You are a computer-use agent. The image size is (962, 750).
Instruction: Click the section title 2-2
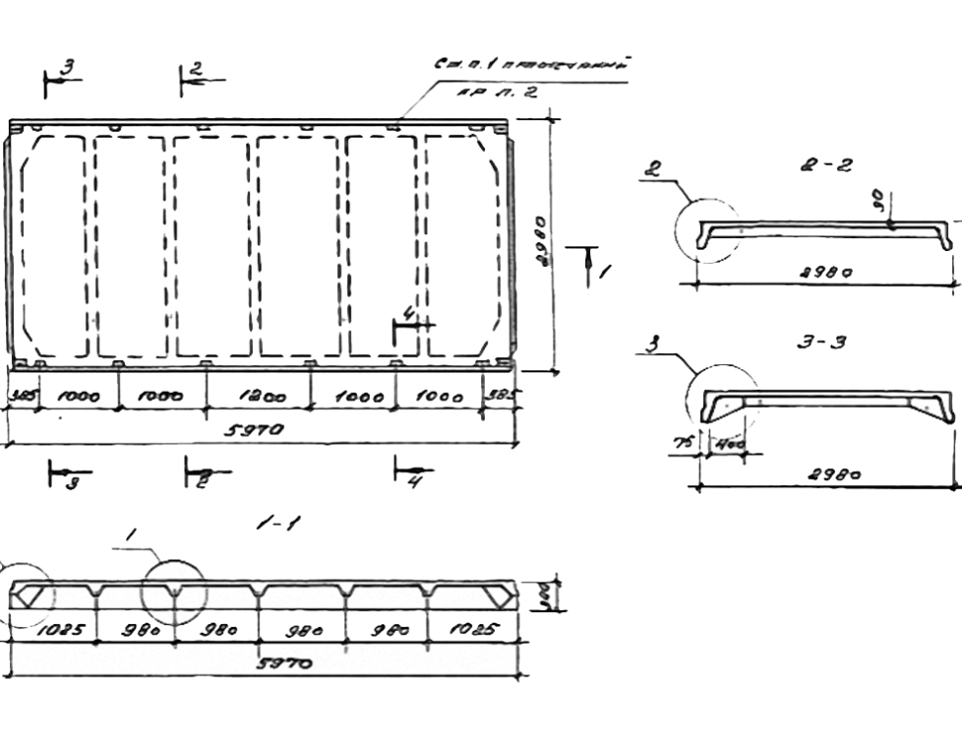click(x=826, y=166)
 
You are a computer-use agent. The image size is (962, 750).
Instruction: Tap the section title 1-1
click(x=278, y=524)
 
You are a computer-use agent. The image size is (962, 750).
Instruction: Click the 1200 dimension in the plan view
click(x=262, y=398)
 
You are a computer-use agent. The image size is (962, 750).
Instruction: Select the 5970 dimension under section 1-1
click(x=284, y=663)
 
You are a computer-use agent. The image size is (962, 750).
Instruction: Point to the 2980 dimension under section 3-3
click(x=834, y=474)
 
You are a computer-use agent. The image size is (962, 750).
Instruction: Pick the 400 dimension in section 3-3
click(x=728, y=443)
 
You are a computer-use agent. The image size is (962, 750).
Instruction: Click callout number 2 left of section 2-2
click(x=650, y=168)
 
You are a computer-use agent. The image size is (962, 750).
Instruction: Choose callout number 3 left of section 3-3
click(x=652, y=344)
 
